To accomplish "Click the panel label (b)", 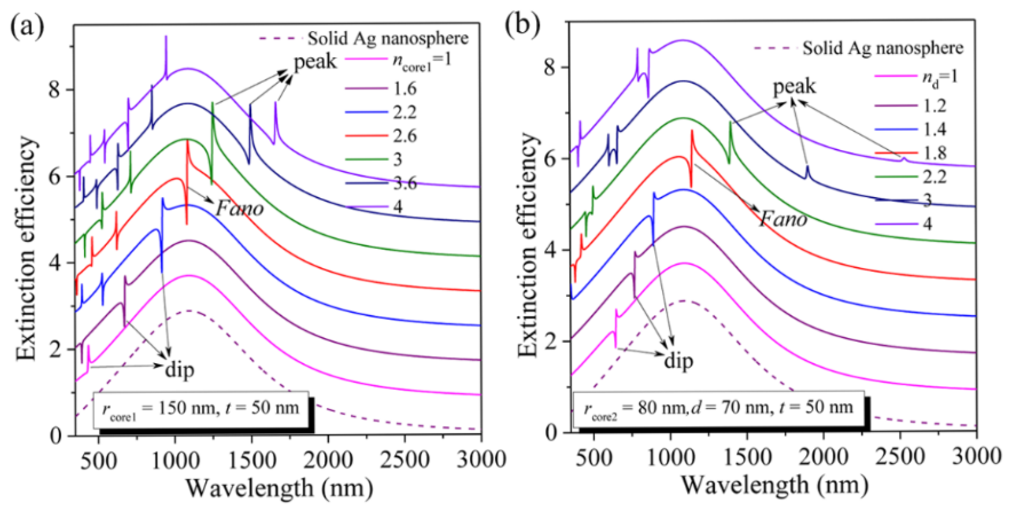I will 523,26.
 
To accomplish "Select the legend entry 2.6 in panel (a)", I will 405,136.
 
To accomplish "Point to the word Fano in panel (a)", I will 240,208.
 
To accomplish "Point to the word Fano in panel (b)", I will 783,218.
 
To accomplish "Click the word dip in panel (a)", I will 180,370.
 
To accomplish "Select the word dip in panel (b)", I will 678,360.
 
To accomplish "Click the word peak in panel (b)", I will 794,86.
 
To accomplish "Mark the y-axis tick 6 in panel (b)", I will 551,159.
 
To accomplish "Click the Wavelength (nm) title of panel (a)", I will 279,488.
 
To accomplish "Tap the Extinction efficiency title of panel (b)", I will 527,245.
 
